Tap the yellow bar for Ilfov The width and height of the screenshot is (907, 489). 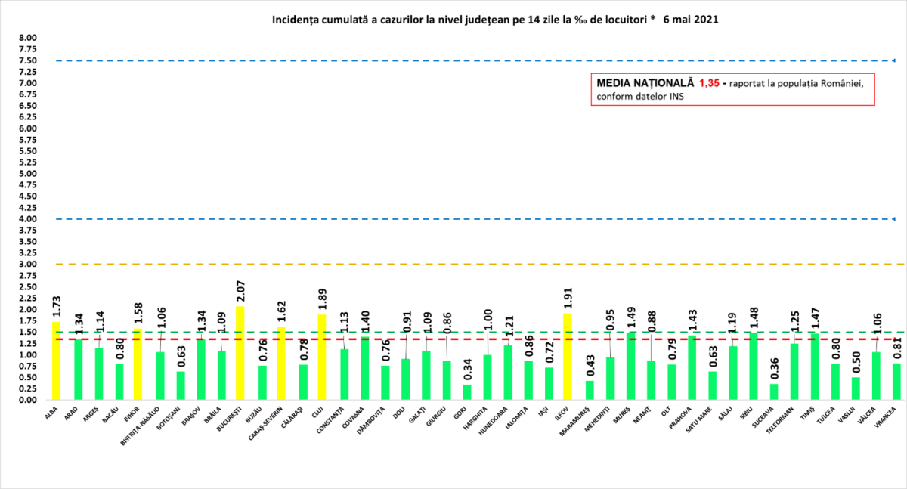pos(567,356)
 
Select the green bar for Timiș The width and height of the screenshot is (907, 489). pos(815,367)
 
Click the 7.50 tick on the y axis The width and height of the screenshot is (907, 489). pos(27,60)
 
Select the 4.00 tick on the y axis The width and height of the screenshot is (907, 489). pos(27,219)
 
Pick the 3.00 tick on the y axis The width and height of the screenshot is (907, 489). pos(27,265)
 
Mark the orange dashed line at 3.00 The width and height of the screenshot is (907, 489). pos(453,265)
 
